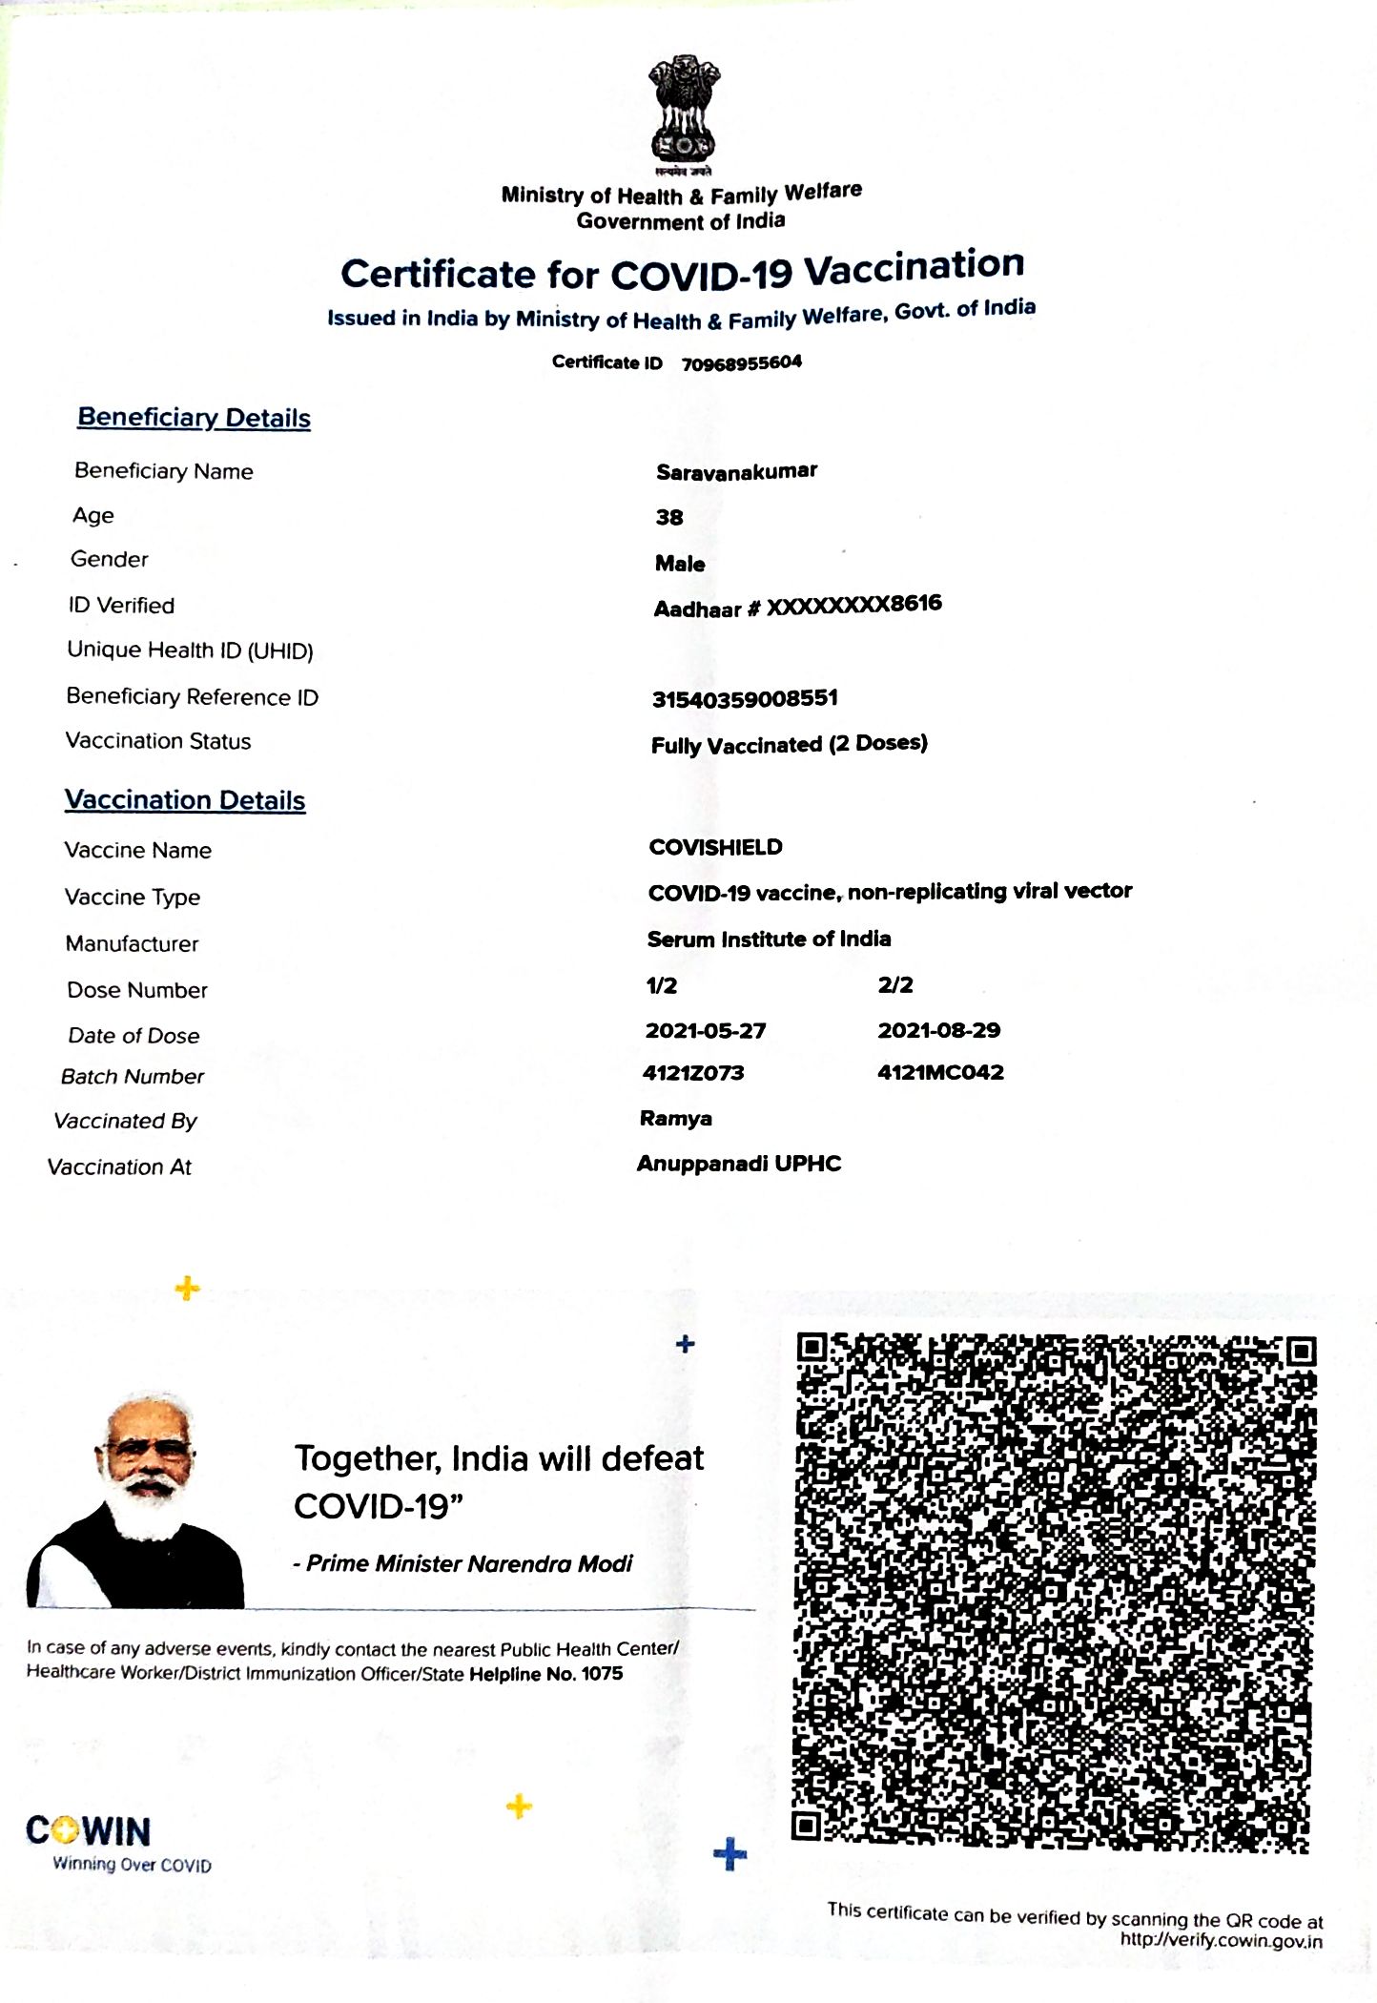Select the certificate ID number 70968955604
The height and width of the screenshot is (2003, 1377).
[x=741, y=362]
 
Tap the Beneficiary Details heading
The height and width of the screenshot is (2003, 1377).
[x=194, y=418]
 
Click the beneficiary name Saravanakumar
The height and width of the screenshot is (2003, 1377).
[x=736, y=471]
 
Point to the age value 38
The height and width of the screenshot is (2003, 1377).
[x=668, y=517]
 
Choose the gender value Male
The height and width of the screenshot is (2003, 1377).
[x=680, y=564]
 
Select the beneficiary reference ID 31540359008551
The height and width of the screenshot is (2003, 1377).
[x=745, y=698]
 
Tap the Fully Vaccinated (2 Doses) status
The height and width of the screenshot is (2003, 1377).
[x=789, y=744]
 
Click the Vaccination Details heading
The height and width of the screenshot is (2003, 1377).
[x=185, y=800]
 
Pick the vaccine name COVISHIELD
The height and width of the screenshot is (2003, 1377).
[x=715, y=847]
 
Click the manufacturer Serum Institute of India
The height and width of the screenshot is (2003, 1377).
[x=769, y=939]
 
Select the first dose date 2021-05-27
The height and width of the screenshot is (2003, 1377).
[x=706, y=1030]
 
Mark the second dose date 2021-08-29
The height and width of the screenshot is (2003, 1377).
[x=938, y=1030]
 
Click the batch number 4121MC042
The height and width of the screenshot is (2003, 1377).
[x=940, y=1072]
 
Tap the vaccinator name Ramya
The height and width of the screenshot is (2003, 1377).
[x=675, y=1118]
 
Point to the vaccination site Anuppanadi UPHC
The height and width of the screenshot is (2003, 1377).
[x=739, y=1164]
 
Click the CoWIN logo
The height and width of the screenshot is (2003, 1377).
[x=89, y=1832]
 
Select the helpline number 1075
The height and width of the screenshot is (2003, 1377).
[x=602, y=1674]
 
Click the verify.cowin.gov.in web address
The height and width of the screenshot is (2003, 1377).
[x=1221, y=1939]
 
